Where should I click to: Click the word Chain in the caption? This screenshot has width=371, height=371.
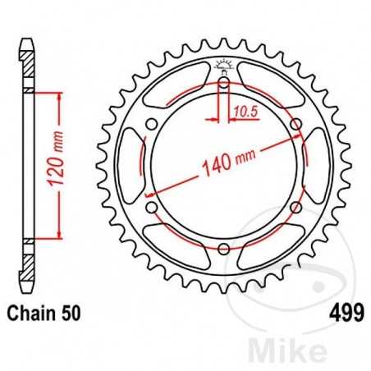[32, 312]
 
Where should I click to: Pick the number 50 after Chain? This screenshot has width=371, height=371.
[70, 312]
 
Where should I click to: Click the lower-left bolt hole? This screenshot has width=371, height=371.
[151, 207]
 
